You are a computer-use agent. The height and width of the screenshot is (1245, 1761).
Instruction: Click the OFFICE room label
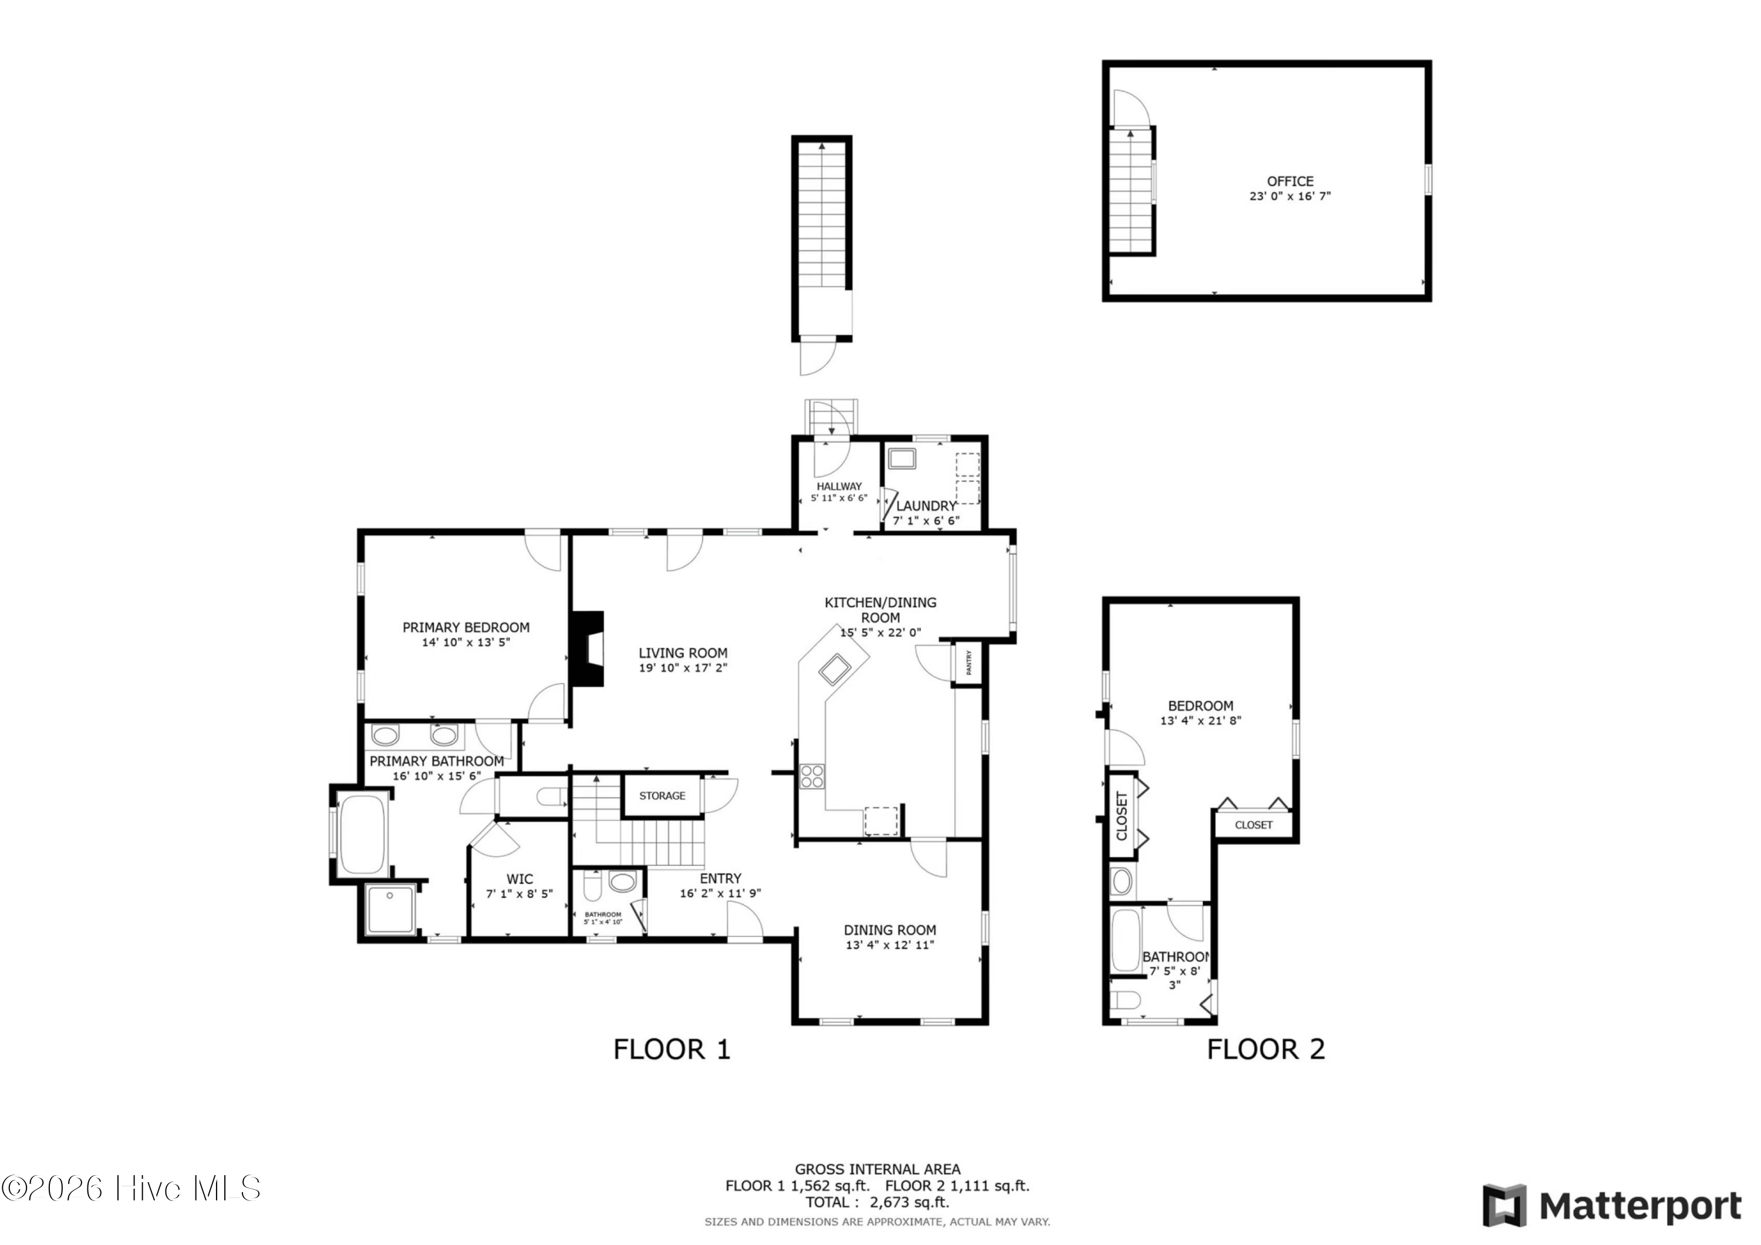pos(1290,181)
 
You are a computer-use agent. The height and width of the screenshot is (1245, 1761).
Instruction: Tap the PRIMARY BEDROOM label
pos(466,627)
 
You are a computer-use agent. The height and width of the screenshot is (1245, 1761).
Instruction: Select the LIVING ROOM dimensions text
pos(683,667)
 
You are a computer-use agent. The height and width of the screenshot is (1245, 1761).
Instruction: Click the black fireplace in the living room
pos(587,648)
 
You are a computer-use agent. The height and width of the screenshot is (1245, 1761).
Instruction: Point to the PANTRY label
pos(969,662)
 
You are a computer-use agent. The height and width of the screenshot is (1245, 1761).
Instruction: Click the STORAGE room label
pos(663,795)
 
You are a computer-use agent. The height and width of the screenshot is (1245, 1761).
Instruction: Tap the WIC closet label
pos(519,879)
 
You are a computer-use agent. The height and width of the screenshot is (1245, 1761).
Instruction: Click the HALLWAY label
pos(839,487)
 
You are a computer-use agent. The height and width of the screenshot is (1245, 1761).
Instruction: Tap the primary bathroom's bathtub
pos(363,835)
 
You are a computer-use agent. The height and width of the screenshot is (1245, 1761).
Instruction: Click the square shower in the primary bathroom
pos(391,909)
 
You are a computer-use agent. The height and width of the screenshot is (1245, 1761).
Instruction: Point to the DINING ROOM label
pos(890,930)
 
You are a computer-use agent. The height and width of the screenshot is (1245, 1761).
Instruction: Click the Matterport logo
pos(1611,1205)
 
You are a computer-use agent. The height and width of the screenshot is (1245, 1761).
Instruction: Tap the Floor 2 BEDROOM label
pos(1200,706)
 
